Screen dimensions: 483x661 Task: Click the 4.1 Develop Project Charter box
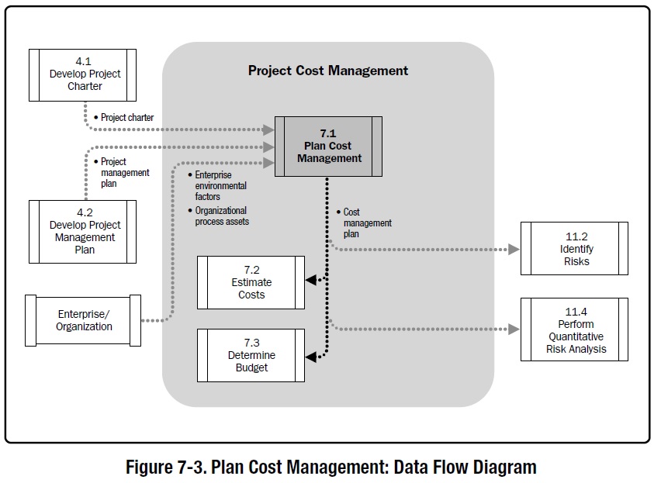[x=83, y=75]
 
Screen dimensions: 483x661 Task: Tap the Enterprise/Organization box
[x=83, y=320]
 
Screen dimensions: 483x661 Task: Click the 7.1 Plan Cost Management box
[x=329, y=145]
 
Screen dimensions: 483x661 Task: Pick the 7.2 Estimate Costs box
[x=251, y=282]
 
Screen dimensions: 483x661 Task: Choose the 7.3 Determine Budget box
[x=251, y=356]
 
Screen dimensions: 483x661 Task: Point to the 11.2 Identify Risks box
[x=574, y=248]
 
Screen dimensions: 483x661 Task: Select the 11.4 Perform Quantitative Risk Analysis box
[x=574, y=329]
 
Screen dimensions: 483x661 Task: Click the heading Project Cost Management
[x=328, y=71]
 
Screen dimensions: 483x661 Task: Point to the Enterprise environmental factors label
[x=220, y=186]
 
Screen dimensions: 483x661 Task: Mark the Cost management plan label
[x=364, y=223]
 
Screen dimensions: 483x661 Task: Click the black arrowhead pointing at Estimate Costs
[x=310, y=281]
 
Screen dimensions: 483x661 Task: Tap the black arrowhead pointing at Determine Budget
[x=310, y=357]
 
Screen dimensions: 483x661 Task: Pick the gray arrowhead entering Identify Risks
[x=513, y=249]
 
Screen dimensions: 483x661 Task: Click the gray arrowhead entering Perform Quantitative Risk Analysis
[x=513, y=329]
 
